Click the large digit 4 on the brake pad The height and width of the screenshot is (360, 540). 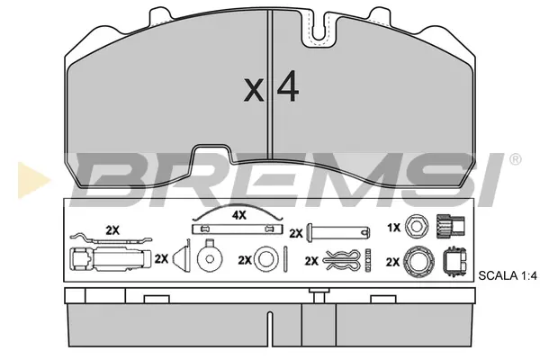(x=288, y=85)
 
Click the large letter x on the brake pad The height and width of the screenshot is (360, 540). (x=254, y=90)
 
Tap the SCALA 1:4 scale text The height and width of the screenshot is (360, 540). (x=508, y=275)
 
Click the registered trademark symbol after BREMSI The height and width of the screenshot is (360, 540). (x=515, y=159)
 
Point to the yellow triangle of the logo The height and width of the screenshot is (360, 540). (x=32, y=180)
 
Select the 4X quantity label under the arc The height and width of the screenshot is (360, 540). (x=239, y=215)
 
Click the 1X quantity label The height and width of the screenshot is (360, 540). (x=393, y=228)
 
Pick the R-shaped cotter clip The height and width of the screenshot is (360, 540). (x=342, y=260)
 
